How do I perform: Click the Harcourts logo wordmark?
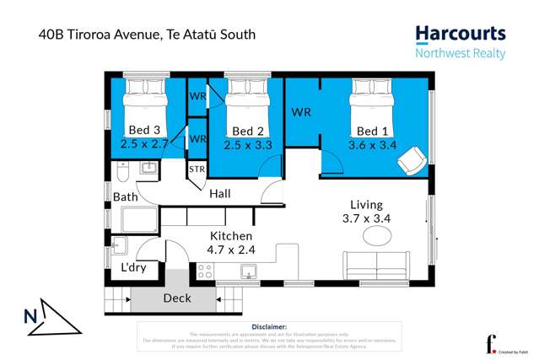point(460,35)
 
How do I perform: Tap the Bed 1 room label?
point(372,131)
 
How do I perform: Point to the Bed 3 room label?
point(144,130)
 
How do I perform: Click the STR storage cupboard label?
point(197,169)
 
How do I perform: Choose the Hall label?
point(220,194)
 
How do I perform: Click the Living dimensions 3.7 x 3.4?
point(365,218)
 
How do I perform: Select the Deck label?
point(177,298)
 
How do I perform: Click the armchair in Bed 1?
point(412,158)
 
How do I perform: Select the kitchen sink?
point(249,271)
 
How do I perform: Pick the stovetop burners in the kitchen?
point(205,271)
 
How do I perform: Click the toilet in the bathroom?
point(122,173)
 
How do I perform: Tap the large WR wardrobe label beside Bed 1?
point(301,112)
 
